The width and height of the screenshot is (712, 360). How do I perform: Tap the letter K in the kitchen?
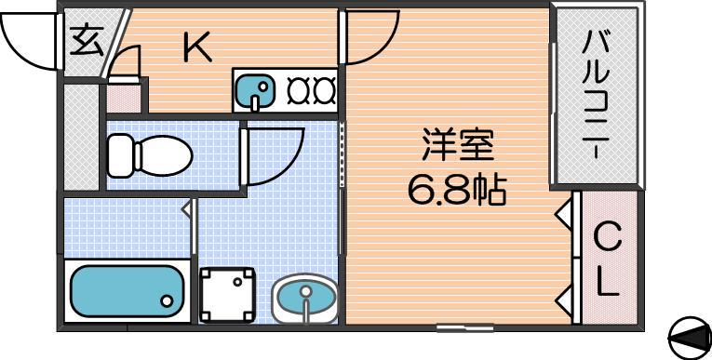click(x=197, y=47)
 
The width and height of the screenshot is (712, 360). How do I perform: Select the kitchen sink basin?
click(x=255, y=92)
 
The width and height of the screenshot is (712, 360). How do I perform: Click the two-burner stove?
click(x=312, y=90)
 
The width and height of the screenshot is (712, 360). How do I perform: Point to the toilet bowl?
click(x=165, y=156)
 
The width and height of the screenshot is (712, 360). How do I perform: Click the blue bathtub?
click(x=127, y=291)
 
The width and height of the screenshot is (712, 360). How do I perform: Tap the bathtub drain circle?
click(x=168, y=300)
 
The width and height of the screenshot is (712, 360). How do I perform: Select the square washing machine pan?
click(x=227, y=294)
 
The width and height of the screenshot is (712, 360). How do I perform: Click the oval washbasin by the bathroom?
click(x=305, y=299)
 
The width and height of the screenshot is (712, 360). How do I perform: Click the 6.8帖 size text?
click(x=457, y=190)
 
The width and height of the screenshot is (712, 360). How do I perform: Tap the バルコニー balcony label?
click(x=598, y=95)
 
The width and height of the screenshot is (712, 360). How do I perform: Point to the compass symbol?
click(x=690, y=339)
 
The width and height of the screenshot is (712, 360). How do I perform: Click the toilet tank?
click(x=122, y=155)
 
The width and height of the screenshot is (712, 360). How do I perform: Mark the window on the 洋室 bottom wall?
click(x=465, y=327)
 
